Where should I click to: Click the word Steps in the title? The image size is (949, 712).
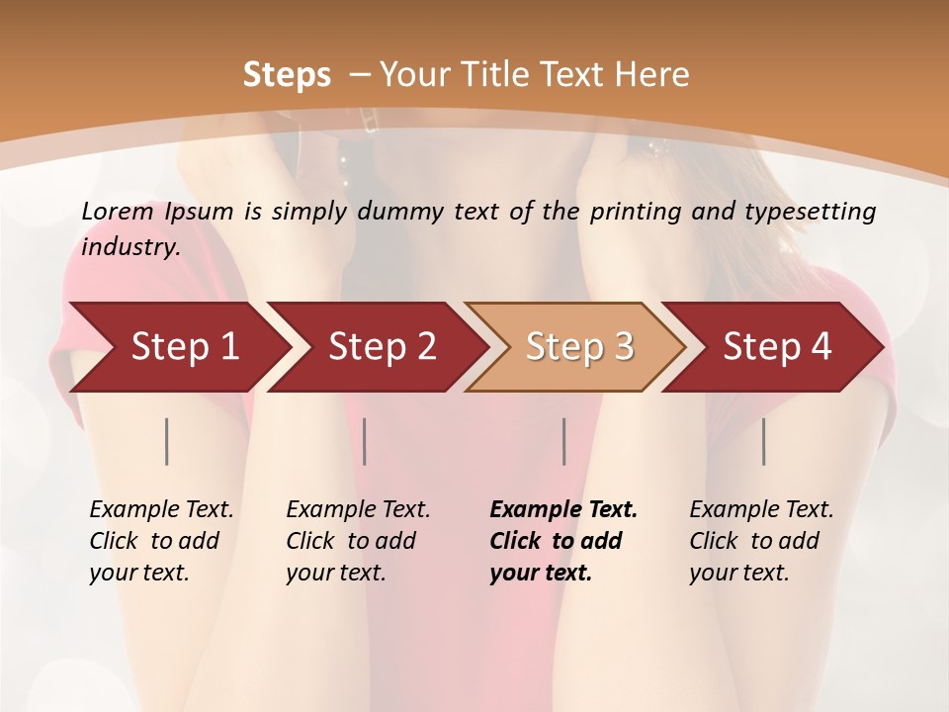click(x=287, y=75)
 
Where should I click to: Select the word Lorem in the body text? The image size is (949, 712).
click(x=118, y=212)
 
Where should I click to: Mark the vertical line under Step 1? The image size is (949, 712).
click(x=167, y=441)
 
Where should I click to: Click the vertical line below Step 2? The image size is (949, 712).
click(x=365, y=441)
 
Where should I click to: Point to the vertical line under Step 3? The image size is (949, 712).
click(x=564, y=441)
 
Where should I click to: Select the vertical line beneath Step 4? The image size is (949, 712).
click(x=764, y=441)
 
